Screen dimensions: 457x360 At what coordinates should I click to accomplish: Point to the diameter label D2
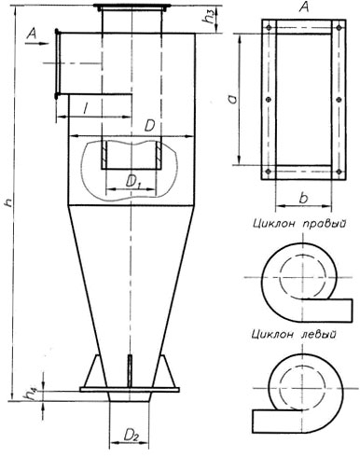[x=132, y=434]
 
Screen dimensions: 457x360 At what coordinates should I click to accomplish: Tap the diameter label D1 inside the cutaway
[x=133, y=178]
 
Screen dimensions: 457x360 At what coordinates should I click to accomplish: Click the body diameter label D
[x=152, y=125]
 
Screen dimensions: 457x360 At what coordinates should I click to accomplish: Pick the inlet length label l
[x=86, y=110]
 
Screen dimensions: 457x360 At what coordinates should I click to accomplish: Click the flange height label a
[x=239, y=96]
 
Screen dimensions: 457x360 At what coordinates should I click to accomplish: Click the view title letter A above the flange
[x=300, y=8]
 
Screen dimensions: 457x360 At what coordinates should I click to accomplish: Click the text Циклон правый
[x=299, y=224]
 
